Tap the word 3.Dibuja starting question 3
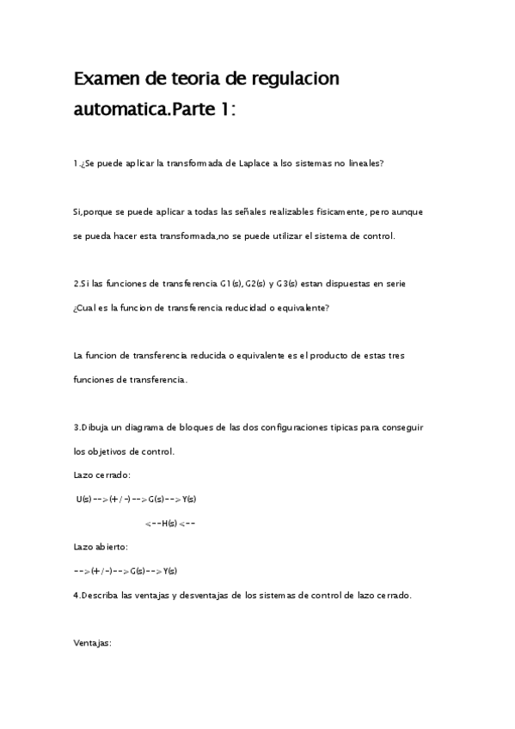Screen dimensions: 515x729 click(95, 426)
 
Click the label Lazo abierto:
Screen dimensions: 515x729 click(101, 547)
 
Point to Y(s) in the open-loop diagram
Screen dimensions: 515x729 click(169, 571)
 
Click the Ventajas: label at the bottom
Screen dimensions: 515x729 click(94, 642)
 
